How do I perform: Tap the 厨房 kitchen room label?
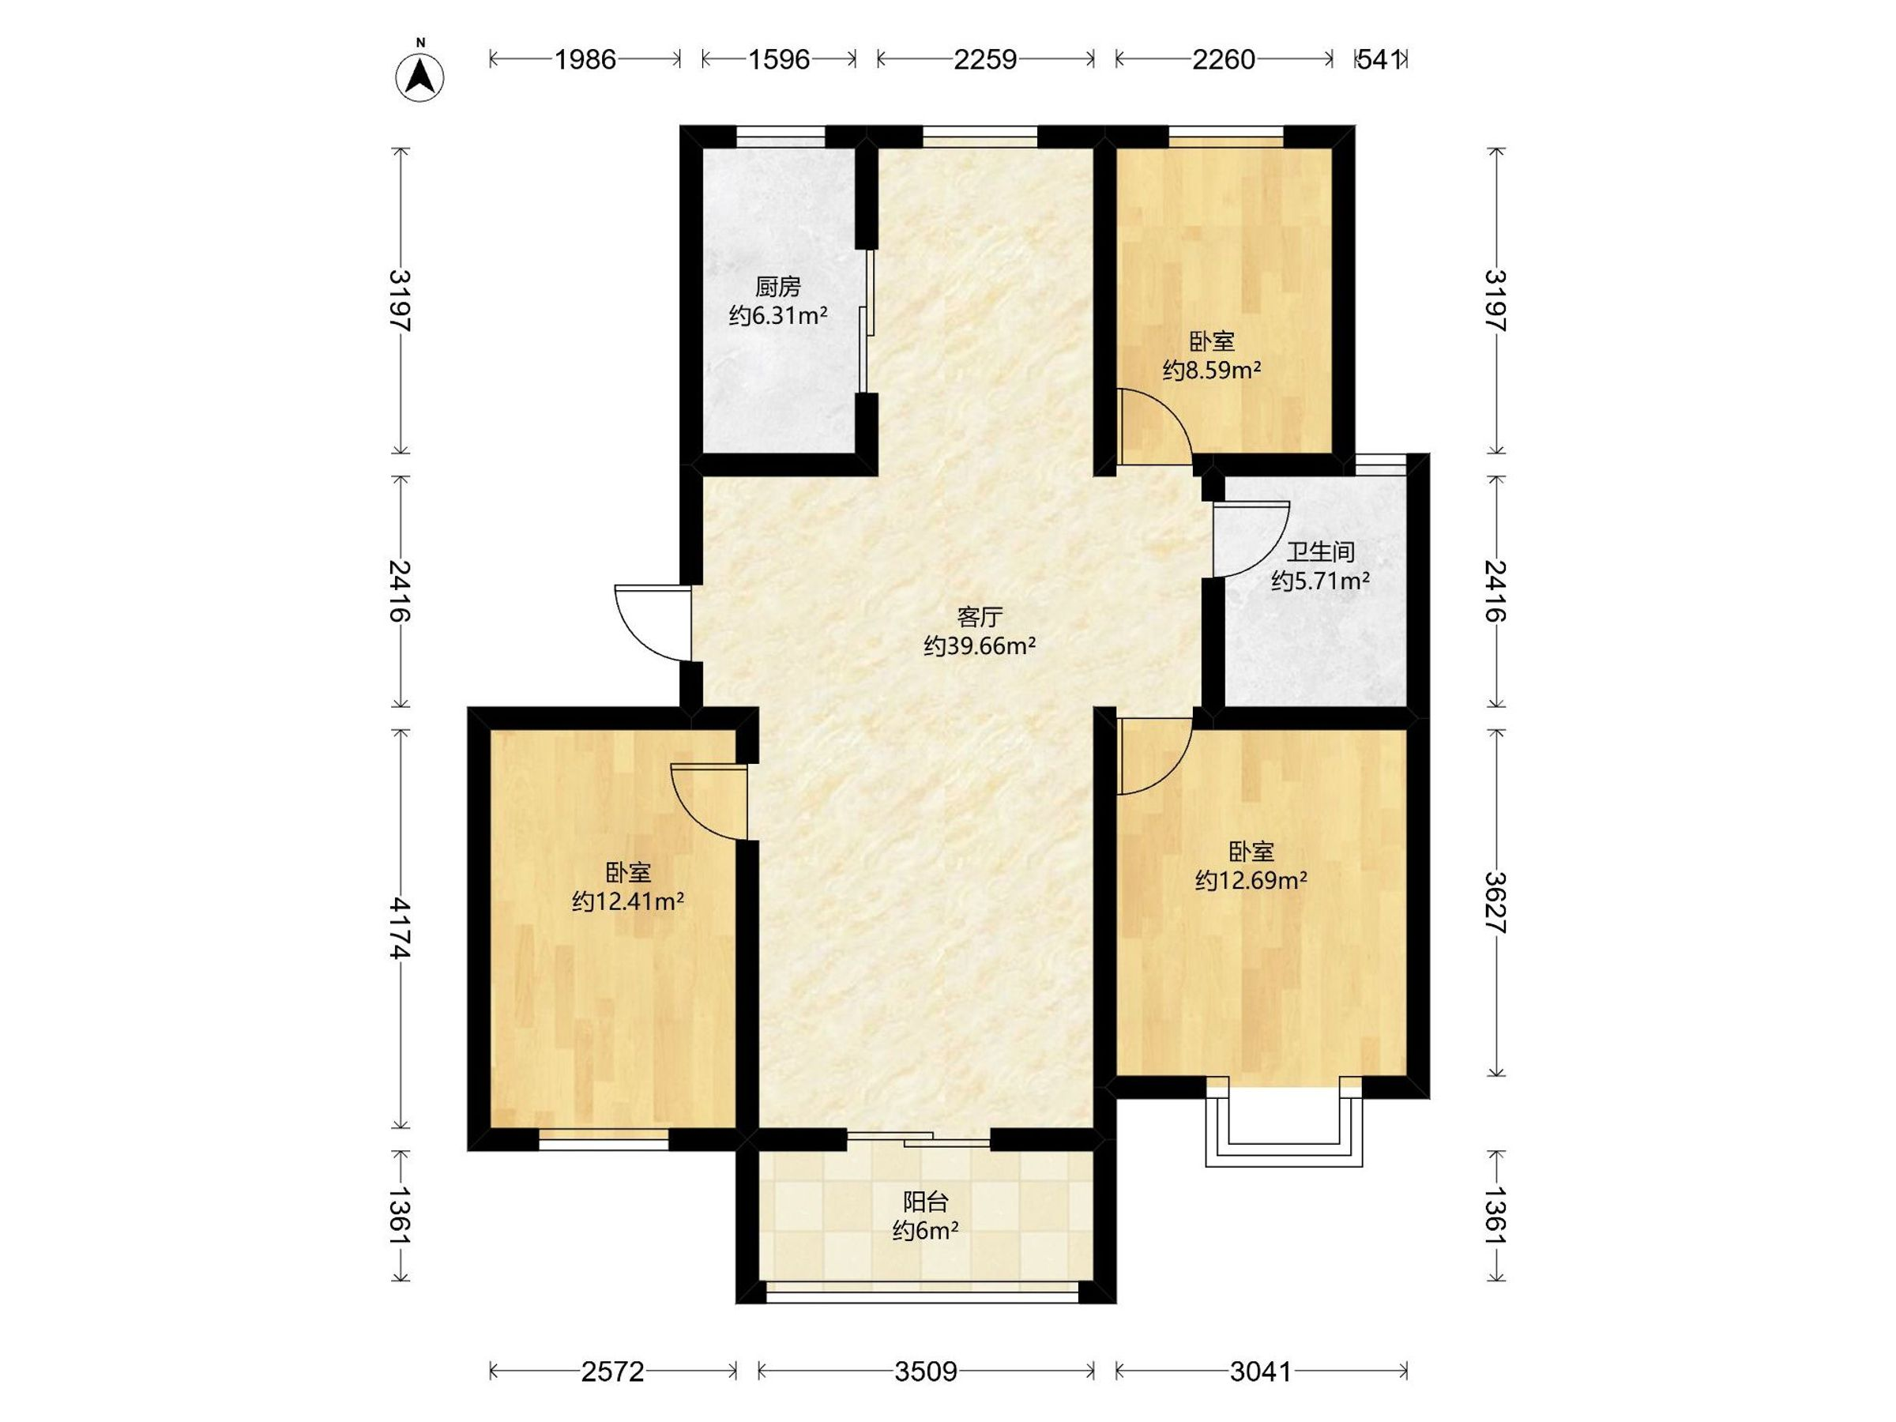click(x=777, y=285)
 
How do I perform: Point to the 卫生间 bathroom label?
click(x=1320, y=552)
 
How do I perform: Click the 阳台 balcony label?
click(x=926, y=1202)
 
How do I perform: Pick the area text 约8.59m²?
click(x=1211, y=371)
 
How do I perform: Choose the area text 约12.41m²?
click(x=627, y=901)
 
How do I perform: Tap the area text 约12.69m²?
click(x=1251, y=880)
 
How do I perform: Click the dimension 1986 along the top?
click(x=585, y=59)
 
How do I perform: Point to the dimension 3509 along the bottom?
click(x=926, y=1372)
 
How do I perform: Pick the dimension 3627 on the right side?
click(x=1495, y=901)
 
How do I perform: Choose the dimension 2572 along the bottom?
click(x=612, y=1372)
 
